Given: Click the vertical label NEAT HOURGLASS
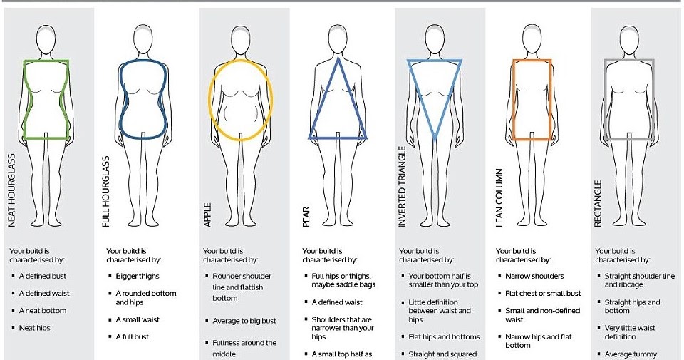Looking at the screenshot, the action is coord(11,192).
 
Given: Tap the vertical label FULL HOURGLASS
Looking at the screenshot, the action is coord(107,193).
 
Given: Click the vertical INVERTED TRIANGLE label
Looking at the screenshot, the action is coord(402,186).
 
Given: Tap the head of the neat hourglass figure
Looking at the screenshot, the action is coord(46,36).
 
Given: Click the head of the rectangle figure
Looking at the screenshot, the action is coord(628,36).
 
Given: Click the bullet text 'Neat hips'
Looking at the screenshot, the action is coord(35,327).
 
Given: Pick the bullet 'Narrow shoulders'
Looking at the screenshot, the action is coord(534,276).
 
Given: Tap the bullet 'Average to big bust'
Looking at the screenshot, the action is coord(244,321).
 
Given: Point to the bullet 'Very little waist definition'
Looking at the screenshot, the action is coord(631,332).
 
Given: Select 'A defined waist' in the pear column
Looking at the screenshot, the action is coord(336,302).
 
